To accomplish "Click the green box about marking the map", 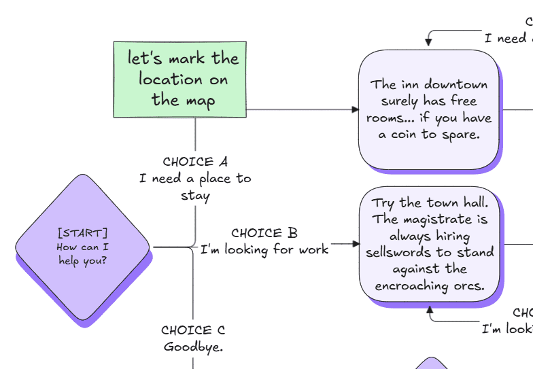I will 180,79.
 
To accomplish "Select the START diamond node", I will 82,248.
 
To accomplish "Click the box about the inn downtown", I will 429,109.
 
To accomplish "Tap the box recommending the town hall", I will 429,245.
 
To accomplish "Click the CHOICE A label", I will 195,162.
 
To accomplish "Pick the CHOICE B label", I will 264,233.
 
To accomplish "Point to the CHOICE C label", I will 193,330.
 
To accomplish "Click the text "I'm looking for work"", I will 264,249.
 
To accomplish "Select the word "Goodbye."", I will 193,347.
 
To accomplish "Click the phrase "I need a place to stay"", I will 195,187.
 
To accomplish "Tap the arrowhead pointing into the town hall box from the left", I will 355,244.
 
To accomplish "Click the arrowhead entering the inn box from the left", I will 355,109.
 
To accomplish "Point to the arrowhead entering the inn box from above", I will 429,45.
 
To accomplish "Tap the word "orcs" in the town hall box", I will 468,285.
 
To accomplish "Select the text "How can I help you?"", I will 82,254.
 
